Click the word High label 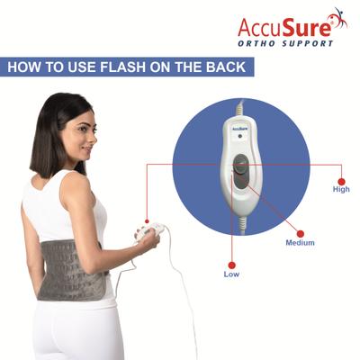341,189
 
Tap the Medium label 300,243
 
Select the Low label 231,274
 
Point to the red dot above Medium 300,232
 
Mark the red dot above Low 231,263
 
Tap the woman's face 76,130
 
